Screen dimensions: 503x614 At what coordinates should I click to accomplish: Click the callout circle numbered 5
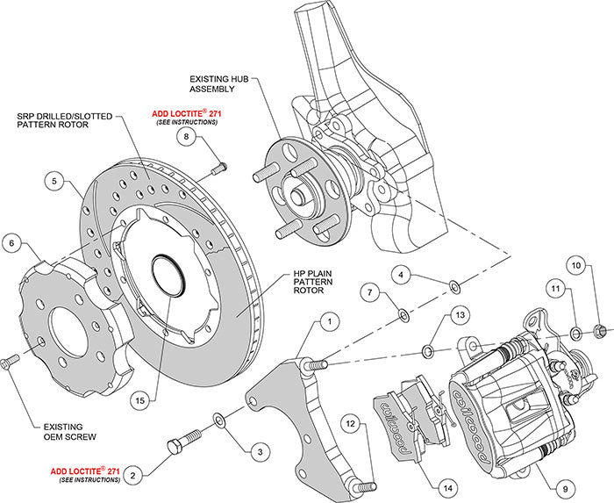pyautogui.click(x=54, y=183)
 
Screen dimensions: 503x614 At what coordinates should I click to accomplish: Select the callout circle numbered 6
pyautogui.click(x=13, y=242)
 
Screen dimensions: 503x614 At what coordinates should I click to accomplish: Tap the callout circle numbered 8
pyautogui.click(x=186, y=136)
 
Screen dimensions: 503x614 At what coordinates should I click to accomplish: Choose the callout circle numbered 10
pyautogui.click(x=575, y=264)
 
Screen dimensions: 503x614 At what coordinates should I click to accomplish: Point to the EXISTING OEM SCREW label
pyautogui.click(x=57, y=429)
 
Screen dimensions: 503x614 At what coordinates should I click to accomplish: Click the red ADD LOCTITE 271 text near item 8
pyautogui.click(x=185, y=113)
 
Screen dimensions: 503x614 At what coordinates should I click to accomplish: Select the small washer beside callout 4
pyautogui.click(x=453, y=285)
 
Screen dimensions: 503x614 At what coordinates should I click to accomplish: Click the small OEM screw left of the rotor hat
pyautogui.click(x=11, y=361)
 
